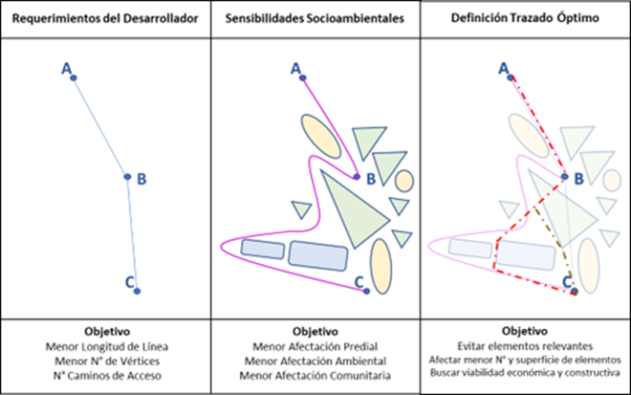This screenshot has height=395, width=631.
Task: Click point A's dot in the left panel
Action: click(74, 77)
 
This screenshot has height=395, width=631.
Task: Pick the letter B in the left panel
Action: click(141, 178)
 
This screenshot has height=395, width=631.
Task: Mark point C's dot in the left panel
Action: click(137, 290)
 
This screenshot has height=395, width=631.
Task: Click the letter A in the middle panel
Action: click(294, 67)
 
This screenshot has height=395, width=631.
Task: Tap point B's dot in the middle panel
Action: click(358, 176)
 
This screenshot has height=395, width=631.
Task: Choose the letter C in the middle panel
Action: click(359, 281)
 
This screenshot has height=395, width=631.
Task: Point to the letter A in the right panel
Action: click(504, 67)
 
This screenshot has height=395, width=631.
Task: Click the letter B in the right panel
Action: click(577, 177)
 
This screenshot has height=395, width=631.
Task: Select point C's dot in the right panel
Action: click(574, 291)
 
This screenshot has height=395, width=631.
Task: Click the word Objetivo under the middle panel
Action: click(315, 330)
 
